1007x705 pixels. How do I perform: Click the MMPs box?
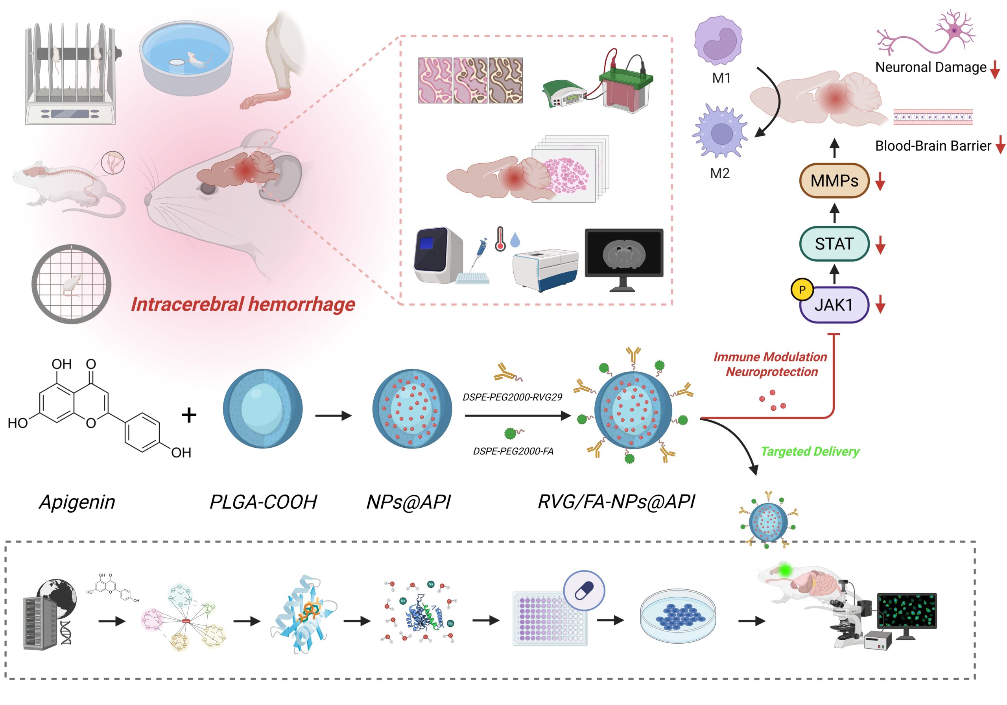coord(834,181)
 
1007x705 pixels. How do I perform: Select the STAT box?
coord(834,244)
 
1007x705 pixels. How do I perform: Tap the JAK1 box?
coord(834,305)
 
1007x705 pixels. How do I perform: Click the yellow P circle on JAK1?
coord(802,290)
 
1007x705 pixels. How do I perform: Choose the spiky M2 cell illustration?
coord(720,132)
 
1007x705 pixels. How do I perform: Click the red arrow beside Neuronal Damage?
coord(995,69)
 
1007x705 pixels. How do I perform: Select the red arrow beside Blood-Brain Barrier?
coord(1000,145)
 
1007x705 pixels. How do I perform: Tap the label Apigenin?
coord(77,502)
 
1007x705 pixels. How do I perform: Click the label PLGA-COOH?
coord(263,502)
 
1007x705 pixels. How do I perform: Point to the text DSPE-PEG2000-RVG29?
coord(512,397)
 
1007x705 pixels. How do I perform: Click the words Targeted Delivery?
coord(810,451)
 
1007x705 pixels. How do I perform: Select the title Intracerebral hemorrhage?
coord(243,305)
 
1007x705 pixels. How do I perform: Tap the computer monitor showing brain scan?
coord(624,255)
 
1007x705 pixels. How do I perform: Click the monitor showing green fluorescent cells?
coord(907,611)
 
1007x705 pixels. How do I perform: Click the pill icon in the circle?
coord(584,591)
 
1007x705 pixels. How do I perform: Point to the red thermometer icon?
coord(500,240)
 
